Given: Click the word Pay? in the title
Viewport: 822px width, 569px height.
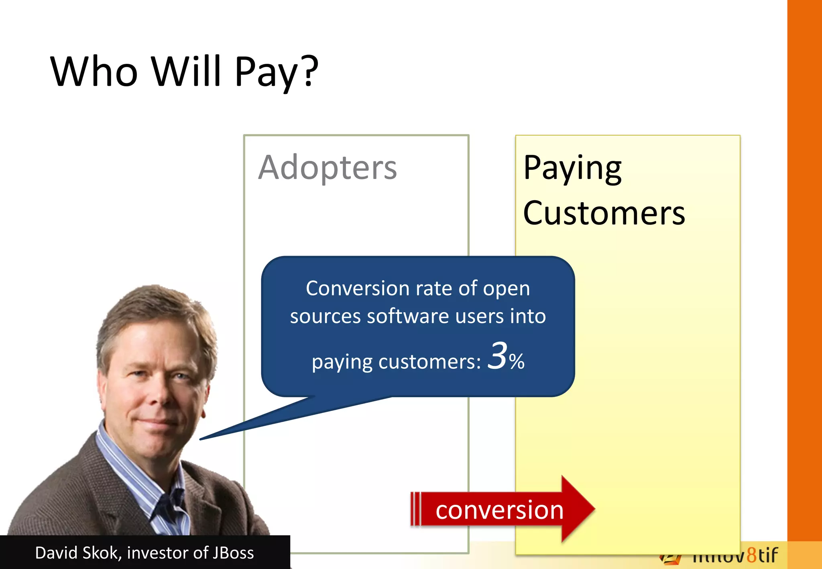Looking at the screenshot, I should click(276, 72).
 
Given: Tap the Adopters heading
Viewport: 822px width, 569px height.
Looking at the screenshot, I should click(328, 168).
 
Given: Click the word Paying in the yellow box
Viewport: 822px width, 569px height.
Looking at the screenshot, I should click(572, 169).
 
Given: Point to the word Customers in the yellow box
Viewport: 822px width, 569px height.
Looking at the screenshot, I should click(604, 213).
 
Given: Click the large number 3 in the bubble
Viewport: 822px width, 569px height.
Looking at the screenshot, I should click(498, 356).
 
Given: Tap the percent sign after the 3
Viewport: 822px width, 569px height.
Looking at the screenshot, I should click(517, 362).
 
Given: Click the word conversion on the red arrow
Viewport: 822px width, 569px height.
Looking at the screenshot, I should click(499, 510).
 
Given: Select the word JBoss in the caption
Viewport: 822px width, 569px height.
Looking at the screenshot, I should click(233, 553).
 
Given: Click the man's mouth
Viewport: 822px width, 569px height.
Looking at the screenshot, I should click(157, 421).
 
